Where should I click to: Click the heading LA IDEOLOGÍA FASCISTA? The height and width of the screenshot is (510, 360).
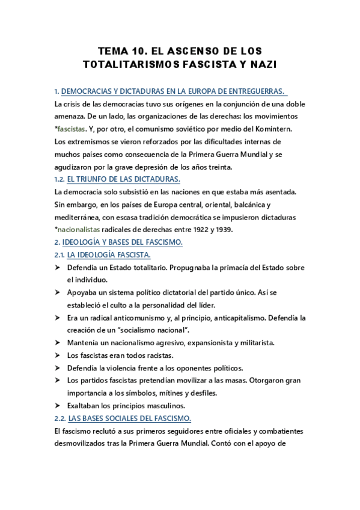click(x=108, y=255)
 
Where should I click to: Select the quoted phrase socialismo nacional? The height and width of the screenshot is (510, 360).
click(x=153, y=330)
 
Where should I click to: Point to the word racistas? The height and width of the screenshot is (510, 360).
click(x=162, y=355)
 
